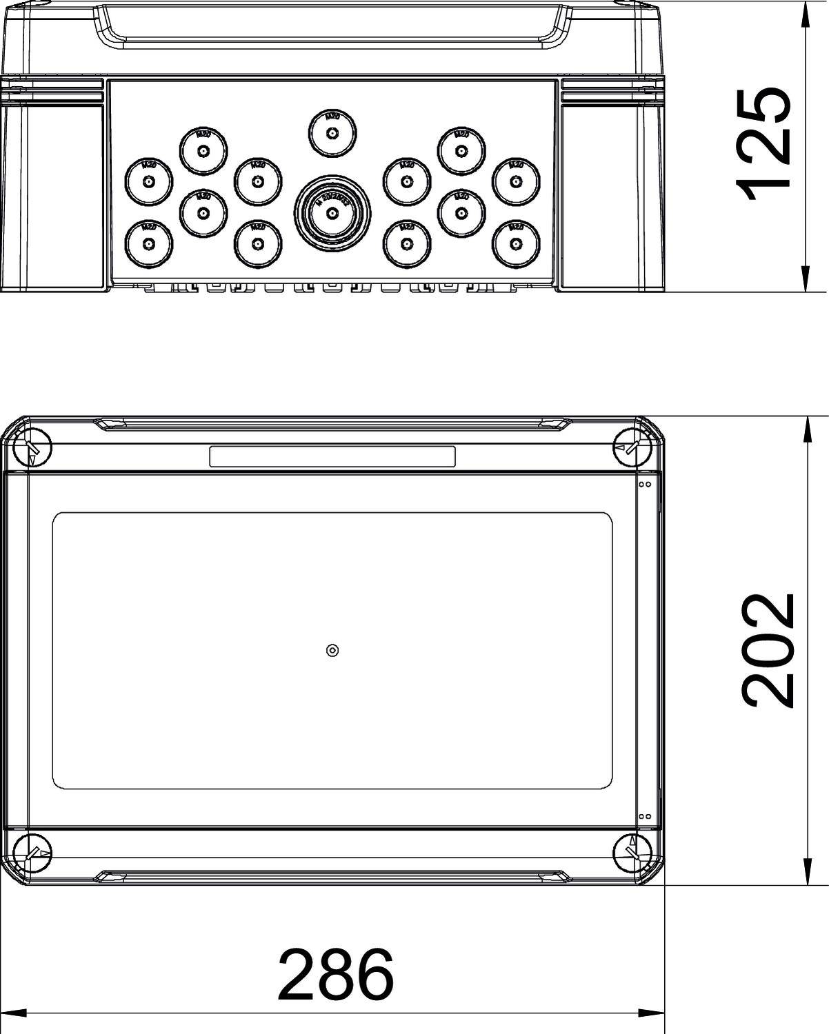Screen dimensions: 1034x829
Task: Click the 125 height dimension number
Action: point(763,145)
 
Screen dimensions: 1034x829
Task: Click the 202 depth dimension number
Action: point(767,650)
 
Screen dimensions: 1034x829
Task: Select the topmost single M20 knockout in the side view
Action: point(332,134)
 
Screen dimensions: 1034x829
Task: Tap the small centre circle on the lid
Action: point(332,651)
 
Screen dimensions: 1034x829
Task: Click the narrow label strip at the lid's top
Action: point(332,456)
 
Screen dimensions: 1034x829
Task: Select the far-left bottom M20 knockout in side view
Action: point(148,243)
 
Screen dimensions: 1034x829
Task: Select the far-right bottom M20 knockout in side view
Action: point(515,243)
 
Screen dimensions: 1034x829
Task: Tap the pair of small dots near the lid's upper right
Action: point(645,485)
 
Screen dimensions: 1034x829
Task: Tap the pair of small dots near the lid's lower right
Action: point(645,816)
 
